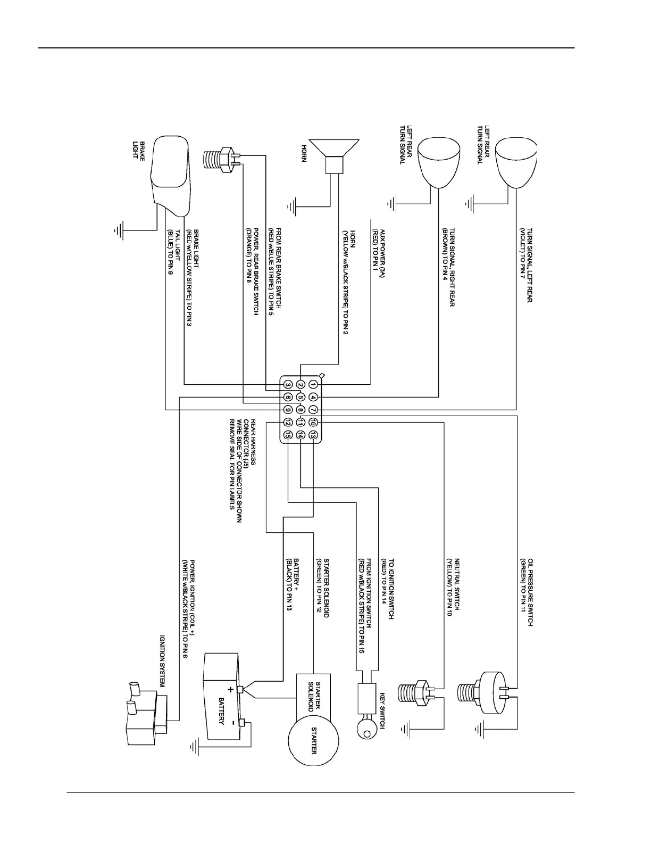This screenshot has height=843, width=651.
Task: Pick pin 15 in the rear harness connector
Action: pyautogui.click(x=287, y=435)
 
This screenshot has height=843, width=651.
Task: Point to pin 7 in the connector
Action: pyautogui.click(x=314, y=410)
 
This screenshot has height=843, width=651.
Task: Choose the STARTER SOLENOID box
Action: pyautogui.click(x=313, y=695)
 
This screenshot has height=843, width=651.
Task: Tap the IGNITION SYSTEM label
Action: pyautogui.click(x=163, y=661)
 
